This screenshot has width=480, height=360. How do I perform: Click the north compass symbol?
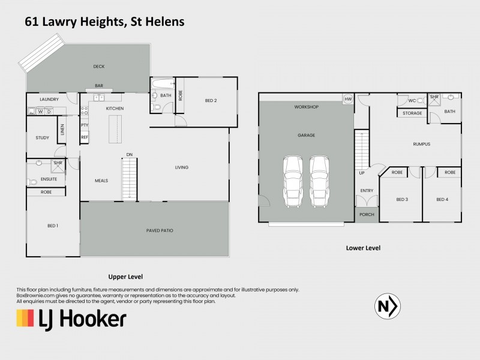click(386, 307)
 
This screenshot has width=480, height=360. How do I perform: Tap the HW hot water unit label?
click(347, 100)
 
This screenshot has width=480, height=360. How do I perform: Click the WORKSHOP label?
click(306, 107)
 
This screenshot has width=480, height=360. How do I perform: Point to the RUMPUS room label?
click(422, 144)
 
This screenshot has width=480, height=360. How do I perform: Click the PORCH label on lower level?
click(366, 214)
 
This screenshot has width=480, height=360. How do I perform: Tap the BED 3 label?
click(402, 199)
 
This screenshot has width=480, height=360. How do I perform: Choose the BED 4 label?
click(442, 199)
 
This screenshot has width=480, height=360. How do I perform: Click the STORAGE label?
click(412, 113)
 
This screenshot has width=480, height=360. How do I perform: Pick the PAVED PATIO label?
click(155, 230)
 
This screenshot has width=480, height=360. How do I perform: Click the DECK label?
click(99, 67)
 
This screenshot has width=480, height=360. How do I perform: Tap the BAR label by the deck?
click(99, 86)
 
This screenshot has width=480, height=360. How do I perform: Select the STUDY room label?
click(42, 138)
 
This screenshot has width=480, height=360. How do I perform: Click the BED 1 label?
click(53, 226)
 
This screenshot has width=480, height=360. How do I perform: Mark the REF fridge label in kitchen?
click(85, 137)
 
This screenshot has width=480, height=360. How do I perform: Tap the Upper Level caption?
click(125, 277)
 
